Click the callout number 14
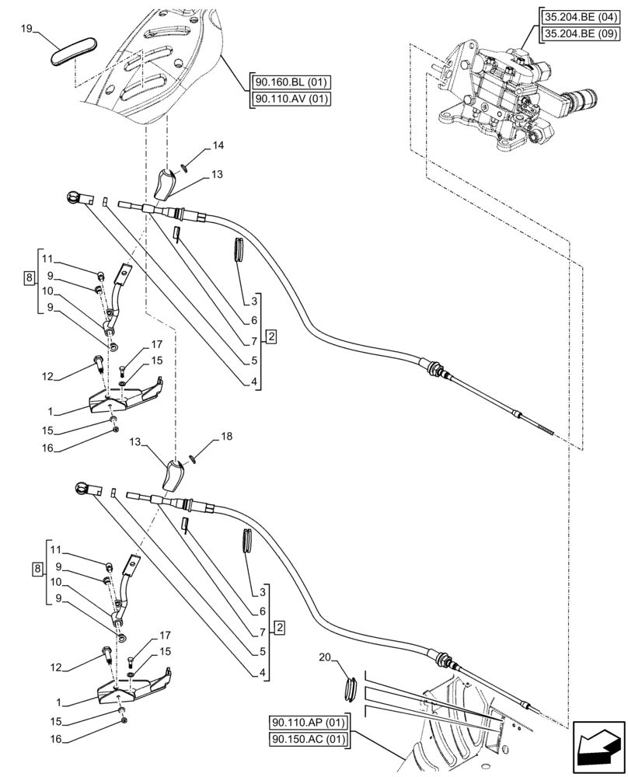pyautogui.click(x=218, y=145)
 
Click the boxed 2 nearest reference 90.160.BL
pyautogui.click(x=270, y=336)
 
